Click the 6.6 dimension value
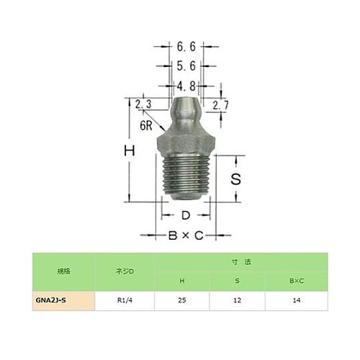[x=186, y=47]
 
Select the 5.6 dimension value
[x=186, y=66]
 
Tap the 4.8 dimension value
[x=186, y=86]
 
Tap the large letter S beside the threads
[x=235, y=179]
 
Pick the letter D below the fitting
[x=185, y=215]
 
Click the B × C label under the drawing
[x=186, y=235]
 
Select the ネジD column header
[x=125, y=271]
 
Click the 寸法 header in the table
[x=238, y=262]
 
